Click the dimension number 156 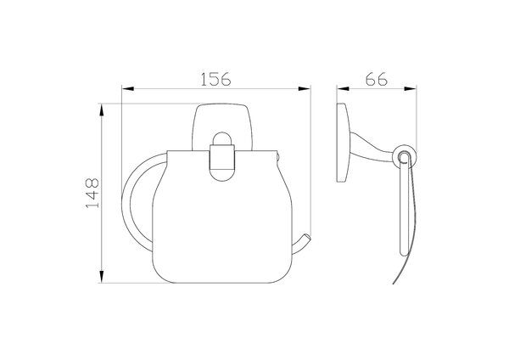click(215, 79)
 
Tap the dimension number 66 click(376, 79)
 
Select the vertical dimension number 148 click(92, 193)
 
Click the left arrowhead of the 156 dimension click(127, 88)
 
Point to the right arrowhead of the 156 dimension click(305, 88)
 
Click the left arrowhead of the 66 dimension click(343, 88)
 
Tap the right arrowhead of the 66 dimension click(411, 88)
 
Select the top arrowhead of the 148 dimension click(102, 110)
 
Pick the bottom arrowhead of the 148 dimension click(102, 277)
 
